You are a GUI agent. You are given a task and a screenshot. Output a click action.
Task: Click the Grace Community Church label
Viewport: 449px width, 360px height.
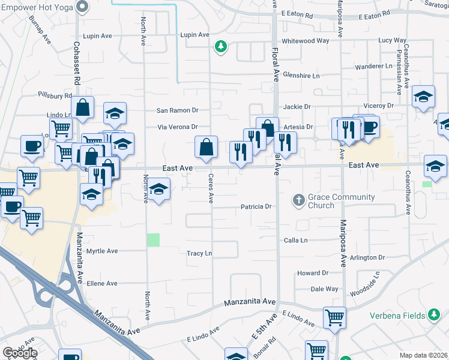coord(342,201)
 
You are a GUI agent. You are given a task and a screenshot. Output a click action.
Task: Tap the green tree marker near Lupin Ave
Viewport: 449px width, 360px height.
coord(221,46)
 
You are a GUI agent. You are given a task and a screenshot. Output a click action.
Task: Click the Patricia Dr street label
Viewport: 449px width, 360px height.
coord(257,206)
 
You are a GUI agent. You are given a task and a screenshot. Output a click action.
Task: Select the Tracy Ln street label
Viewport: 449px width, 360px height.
coord(199,254)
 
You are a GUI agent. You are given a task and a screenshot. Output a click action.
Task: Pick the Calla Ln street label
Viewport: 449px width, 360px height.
coord(295,240)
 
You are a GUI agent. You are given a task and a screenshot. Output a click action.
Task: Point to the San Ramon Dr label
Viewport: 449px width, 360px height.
coord(177,110)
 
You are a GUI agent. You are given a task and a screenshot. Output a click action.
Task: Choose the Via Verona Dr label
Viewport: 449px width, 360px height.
coord(178,127)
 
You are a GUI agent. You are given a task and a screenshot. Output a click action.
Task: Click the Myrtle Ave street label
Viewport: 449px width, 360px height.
coord(102,251)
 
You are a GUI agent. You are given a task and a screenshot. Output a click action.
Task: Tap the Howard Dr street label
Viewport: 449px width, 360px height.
coord(313,273)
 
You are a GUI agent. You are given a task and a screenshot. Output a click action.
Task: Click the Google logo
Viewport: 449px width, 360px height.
coord(20,353)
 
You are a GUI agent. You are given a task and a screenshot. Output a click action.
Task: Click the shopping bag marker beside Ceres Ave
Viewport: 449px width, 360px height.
coord(206,147)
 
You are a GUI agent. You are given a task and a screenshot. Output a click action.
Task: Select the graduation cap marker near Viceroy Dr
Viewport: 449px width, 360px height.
coord(423,97)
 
